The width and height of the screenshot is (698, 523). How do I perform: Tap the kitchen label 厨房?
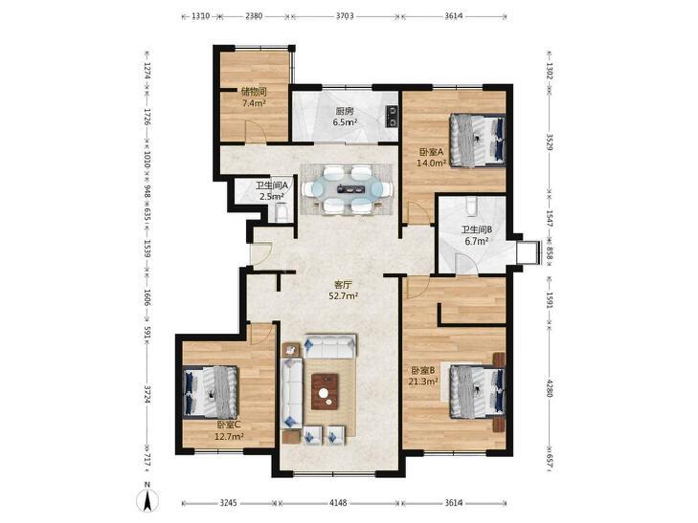[x=345, y=112]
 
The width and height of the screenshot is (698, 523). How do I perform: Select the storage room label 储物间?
[x=254, y=93]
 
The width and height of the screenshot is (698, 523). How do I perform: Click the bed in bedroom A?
[x=477, y=141]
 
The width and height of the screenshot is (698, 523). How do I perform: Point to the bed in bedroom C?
[x=211, y=392]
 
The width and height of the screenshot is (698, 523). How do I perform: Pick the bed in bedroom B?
[x=477, y=391]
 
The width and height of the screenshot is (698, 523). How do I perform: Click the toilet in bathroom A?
[x=282, y=212]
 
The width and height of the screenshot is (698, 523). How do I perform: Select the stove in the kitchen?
[x=392, y=117]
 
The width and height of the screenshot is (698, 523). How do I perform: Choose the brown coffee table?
[x=325, y=391]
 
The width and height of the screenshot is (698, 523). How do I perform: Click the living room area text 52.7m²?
[x=344, y=295]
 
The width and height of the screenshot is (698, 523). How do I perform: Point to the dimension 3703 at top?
[x=345, y=16]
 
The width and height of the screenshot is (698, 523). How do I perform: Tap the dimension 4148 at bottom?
[x=338, y=503]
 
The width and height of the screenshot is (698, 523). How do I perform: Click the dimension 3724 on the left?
[x=147, y=393]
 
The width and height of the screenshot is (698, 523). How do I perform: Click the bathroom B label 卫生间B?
[x=476, y=229]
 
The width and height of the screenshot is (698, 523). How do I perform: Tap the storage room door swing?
[x=256, y=132]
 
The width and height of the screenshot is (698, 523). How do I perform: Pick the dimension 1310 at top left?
[x=201, y=16]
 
